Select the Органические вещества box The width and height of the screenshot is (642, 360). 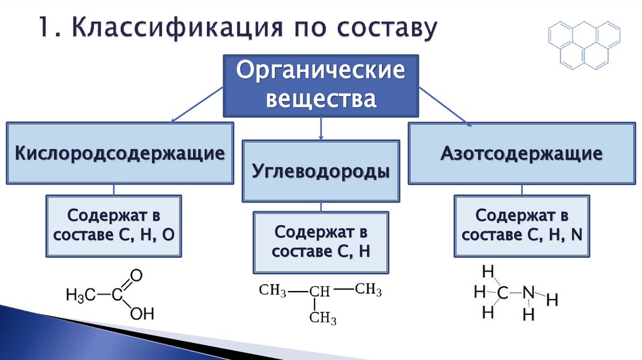(x=320, y=85)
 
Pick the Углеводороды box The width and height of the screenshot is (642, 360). (x=320, y=171)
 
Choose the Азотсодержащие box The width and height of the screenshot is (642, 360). (x=521, y=152)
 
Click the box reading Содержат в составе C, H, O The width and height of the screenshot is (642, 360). (x=113, y=225)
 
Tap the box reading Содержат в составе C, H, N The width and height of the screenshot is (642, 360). (x=522, y=225)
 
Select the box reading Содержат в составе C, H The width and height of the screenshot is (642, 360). (x=320, y=242)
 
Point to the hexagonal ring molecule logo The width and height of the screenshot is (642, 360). (x=584, y=45)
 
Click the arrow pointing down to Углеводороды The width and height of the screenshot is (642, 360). (x=320, y=128)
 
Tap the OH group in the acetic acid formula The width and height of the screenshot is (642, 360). (x=142, y=313)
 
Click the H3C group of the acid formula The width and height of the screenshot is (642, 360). (x=80, y=294)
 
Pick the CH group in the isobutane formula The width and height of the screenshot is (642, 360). (x=319, y=292)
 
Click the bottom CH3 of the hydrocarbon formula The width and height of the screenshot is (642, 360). (x=323, y=318)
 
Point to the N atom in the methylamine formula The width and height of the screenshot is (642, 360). (x=529, y=292)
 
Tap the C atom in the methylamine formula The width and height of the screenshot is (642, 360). (x=502, y=292)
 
